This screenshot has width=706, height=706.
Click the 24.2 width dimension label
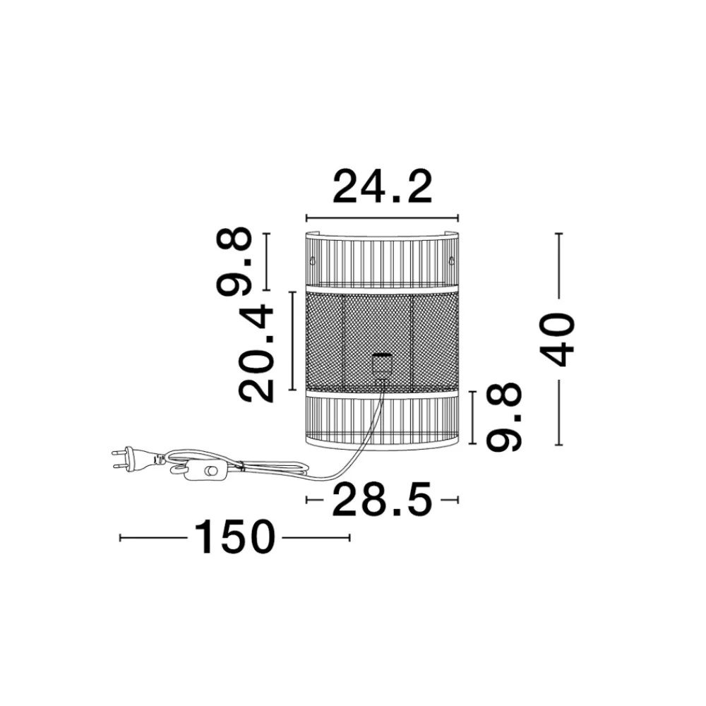coord(382,186)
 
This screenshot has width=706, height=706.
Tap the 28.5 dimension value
coord(382,499)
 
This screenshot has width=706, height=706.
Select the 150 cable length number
coord(234,537)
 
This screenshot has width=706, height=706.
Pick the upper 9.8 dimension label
coord(234,262)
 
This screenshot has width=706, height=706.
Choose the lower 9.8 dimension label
coord(504,417)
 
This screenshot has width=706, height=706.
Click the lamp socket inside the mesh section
coord(382,366)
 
